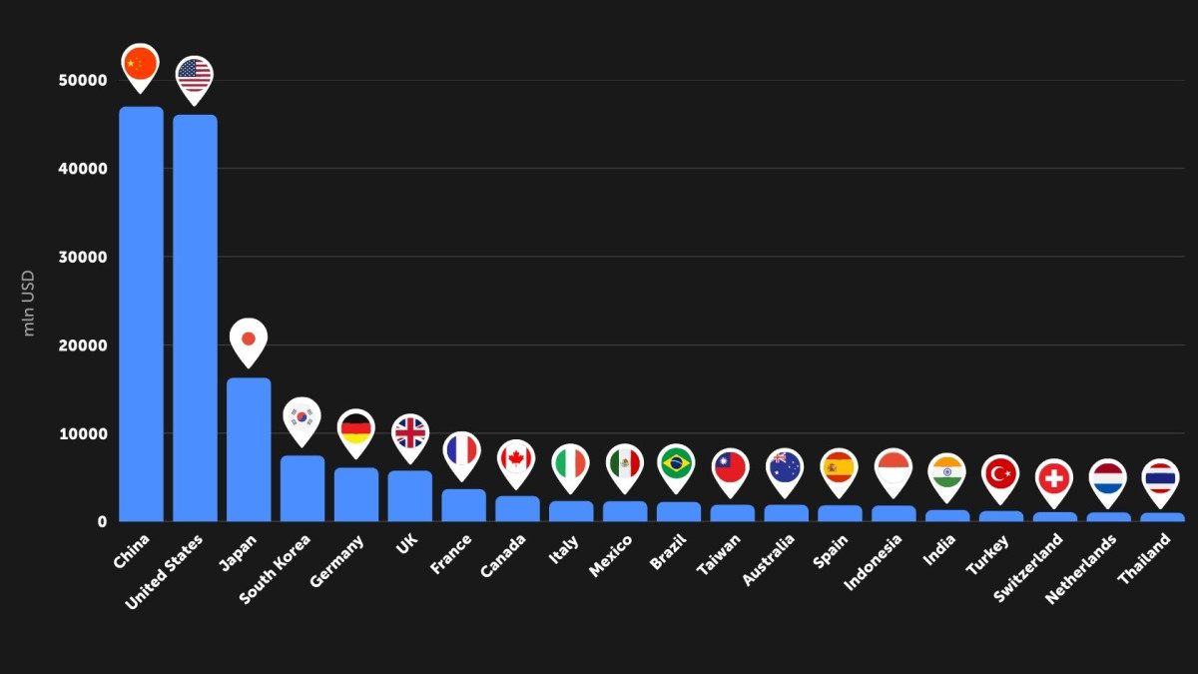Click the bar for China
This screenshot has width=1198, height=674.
141,314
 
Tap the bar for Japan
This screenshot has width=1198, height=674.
249,449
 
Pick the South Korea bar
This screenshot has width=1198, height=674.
302,488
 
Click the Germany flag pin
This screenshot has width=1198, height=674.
356,430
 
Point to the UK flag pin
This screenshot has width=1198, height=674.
410,434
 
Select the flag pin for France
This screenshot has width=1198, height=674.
461,452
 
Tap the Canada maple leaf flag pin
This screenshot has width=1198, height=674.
516,459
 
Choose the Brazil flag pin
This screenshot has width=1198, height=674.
677,463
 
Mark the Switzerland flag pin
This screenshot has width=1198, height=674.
1053,479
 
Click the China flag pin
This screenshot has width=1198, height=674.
141,65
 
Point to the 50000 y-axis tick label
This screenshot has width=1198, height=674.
82,80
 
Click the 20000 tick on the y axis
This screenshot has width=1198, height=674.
82,345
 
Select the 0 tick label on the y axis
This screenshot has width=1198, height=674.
102,521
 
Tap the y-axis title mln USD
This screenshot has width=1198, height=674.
29,303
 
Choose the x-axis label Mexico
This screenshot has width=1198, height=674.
611,556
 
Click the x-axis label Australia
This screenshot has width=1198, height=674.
769,560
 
